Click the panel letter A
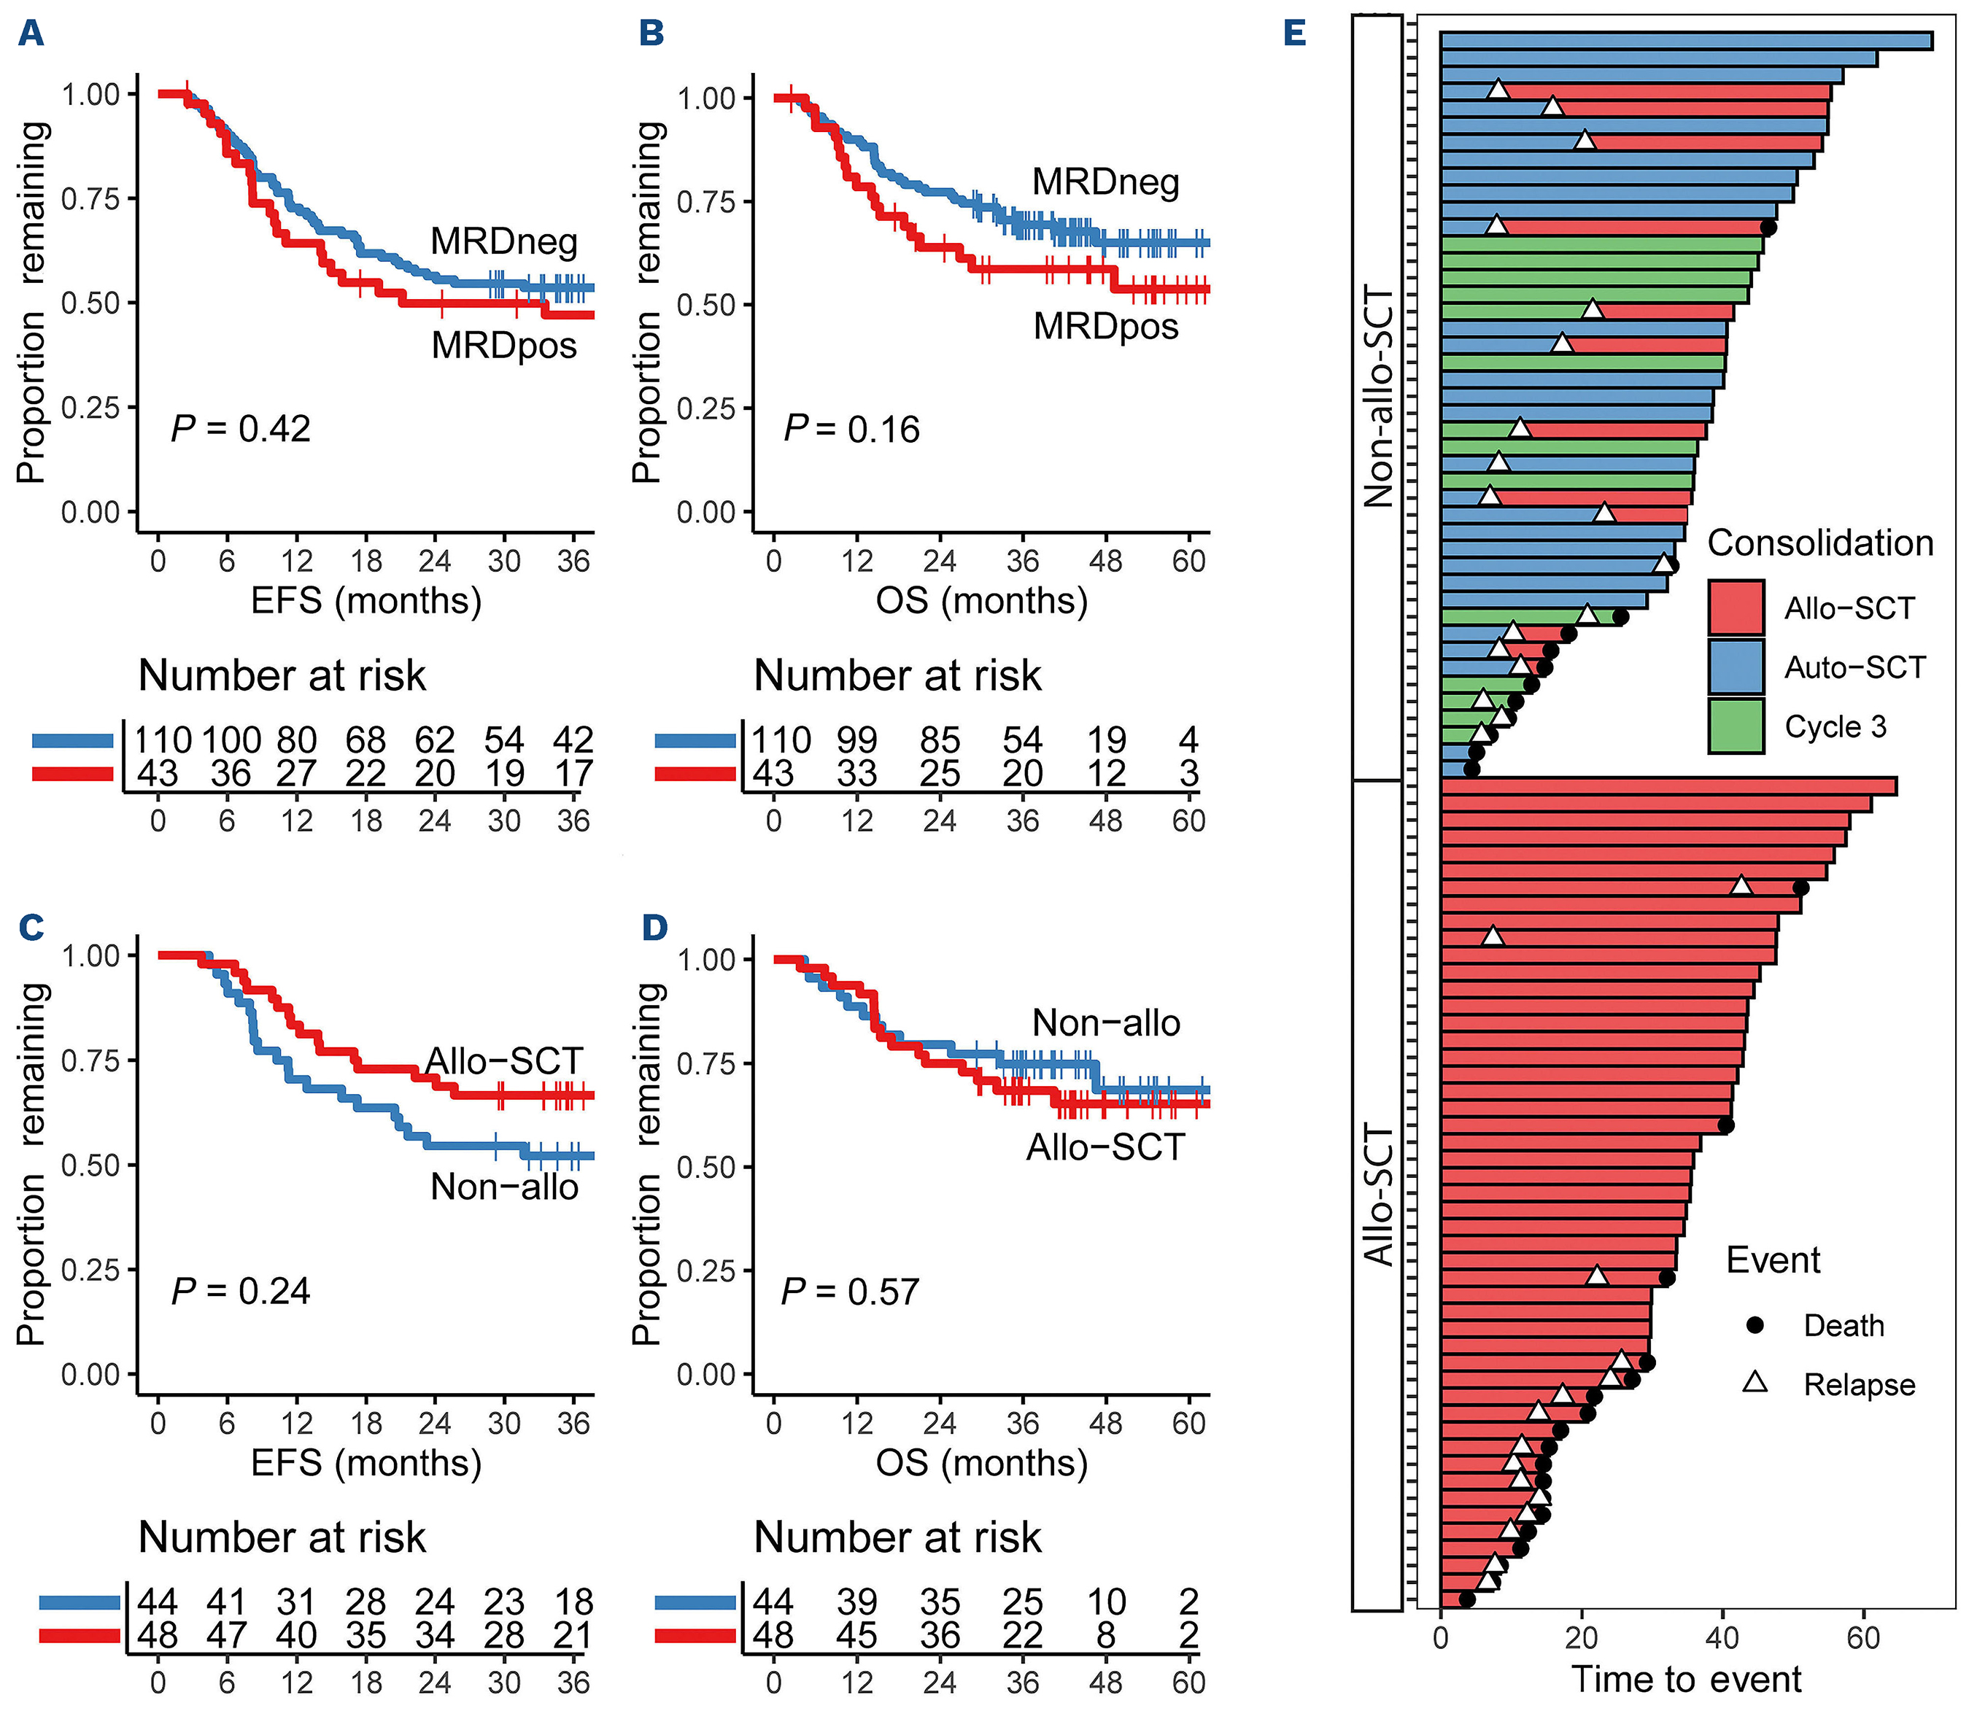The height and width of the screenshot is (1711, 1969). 31,34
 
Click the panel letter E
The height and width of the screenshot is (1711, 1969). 1294,34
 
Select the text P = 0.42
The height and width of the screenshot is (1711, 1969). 241,429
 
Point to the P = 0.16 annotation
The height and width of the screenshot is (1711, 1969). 852,430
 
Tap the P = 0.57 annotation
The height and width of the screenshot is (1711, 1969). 850,1292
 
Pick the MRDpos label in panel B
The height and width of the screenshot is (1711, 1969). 1106,327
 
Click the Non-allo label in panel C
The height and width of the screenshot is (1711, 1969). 504,1187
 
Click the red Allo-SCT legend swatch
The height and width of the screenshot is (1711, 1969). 1736,608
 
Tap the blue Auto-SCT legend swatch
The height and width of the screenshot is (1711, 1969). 1736,667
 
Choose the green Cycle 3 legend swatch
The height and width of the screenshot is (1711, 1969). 1736,726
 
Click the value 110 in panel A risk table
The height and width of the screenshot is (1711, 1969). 163,740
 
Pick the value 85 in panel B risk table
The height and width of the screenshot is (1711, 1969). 940,740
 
